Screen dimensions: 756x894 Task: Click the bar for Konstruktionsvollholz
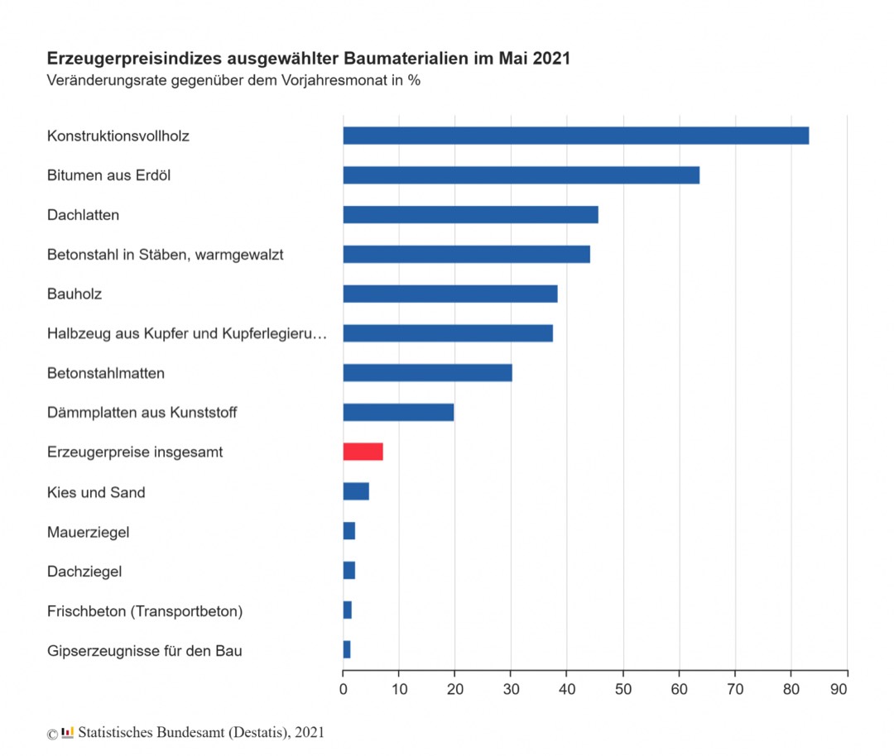click(x=575, y=136)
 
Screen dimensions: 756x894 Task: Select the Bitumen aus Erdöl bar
click(x=521, y=175)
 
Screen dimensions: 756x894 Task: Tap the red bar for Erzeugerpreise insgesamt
click(x=363, y=452)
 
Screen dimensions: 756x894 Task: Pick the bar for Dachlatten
click(x=470, y=215)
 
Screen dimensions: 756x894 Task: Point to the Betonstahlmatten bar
click(x=427, y=373)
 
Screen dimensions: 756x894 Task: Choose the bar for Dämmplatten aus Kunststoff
click(x=398, y=412)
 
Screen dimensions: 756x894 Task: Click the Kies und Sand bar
click(x=356, y=491)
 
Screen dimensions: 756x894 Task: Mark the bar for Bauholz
click(x=450, y=294)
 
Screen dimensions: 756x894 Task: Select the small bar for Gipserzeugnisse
click(x=347, y=650)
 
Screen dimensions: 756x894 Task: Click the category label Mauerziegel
click(x=88, y=532)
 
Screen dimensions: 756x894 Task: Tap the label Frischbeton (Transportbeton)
click(x=145, y=611)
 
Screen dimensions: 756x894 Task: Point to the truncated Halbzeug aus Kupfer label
click(x=187, y=333)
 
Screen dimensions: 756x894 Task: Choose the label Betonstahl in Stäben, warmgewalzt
click(x=165, y=255)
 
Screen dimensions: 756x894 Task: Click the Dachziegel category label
click(x=84, y=572)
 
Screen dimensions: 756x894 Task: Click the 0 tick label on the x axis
click(x=344, y=687)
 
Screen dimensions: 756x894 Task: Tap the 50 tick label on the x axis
click(x=623, y=687)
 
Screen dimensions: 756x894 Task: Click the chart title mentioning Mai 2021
click(x=308, y=60)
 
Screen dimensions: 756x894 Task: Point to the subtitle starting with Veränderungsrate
click(x=233, y=81)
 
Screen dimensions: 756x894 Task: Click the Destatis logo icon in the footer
click(x=68, y=732)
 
